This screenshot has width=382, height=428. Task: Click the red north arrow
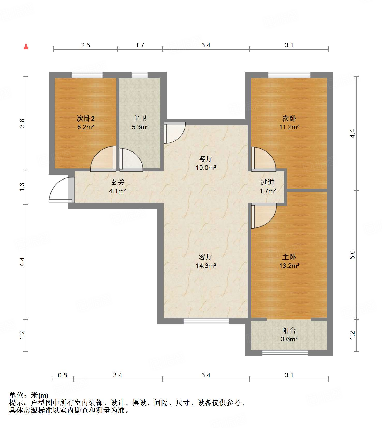click(x=26, y=46)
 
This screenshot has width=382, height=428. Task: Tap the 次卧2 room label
click(x=86, y=119)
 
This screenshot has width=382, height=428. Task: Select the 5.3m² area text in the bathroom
click(x=140, y=127)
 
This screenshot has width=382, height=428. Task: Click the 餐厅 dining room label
click(x=206, y=159)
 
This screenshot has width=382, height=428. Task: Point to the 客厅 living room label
click(x=206, y=257)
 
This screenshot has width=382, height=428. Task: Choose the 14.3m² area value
click(x=206, y=266)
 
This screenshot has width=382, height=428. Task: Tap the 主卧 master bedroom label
click(x=289, y=257)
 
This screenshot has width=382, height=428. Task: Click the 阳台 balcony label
click(x=289, y=330)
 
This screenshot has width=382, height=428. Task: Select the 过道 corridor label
click(x=267, y=182)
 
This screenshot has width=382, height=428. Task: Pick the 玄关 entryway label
click(x=118, y=182)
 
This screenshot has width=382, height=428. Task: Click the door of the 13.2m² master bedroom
click(x=264, y=216)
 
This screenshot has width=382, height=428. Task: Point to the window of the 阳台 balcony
click(x=285, y=353)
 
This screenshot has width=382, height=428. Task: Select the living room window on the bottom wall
click(x=206, y=321)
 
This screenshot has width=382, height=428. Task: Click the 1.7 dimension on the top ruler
click(x=140, y=45)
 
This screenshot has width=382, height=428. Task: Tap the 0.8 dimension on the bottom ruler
click(x=62, y=375)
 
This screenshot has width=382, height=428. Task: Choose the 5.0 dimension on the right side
click(x=352, y=255)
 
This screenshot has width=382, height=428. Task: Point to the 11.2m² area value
click(x=289, y=127)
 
